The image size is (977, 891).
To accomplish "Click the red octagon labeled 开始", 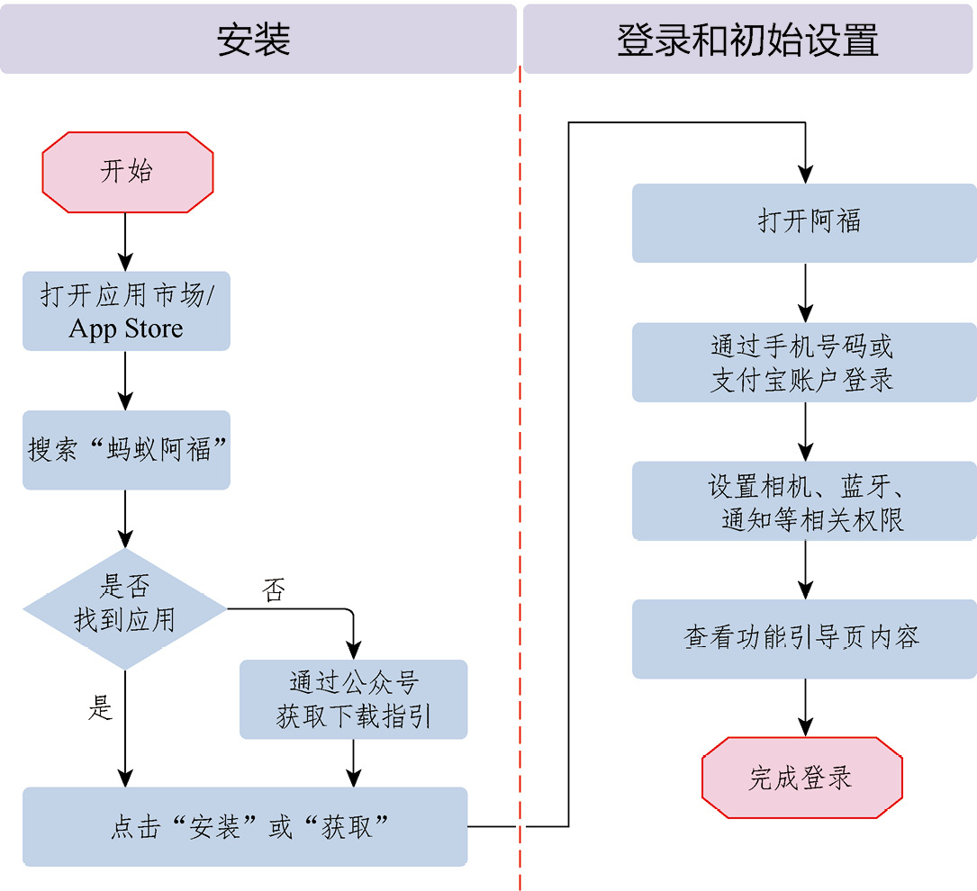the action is (x=128, y=172).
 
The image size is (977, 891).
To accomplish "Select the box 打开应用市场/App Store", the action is (x=126, y=310).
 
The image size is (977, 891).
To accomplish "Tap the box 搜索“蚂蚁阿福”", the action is (x=126, y=449).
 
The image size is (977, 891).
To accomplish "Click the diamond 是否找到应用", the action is (x=125, y=608).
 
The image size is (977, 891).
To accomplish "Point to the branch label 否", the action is (x=274, y=589).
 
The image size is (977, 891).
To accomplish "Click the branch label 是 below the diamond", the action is (x=100, y=708).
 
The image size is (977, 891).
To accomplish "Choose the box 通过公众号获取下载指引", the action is (x=353, y=699).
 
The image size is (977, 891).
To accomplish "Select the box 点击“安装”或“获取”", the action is (x=245, y=826).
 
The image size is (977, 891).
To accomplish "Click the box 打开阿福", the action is (x=804, y=223).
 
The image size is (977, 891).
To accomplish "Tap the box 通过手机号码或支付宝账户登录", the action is (x=804, y=362).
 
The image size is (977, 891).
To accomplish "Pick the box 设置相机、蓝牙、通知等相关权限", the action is (x=804, y=500).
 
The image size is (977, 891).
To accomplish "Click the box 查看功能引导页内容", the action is (x=804, y=639).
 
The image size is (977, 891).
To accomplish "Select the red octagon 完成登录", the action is (x=802, y=777).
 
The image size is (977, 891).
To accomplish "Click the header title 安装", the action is (x=254, y=40).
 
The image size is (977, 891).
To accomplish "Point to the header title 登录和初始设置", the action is (x=747, y=40).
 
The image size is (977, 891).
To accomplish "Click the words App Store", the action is (x=126, y=328).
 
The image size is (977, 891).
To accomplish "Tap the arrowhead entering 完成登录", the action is (x=806, y=727).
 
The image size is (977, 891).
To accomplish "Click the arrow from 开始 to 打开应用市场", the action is (x=125, y=241).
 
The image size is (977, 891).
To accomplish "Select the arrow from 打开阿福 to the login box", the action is (x=806, y=292).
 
